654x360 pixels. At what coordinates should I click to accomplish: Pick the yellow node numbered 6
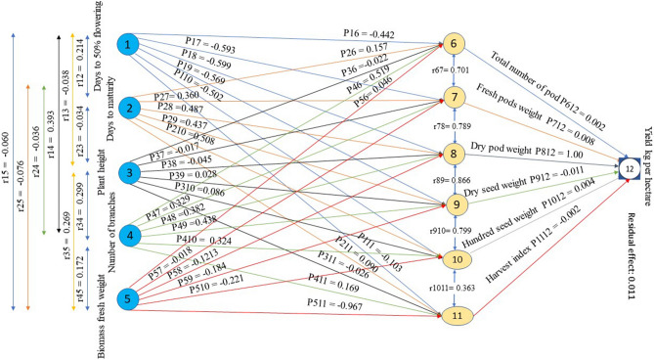tap(454, 45)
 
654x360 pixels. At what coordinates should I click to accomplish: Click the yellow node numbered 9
tap(454, 203)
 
